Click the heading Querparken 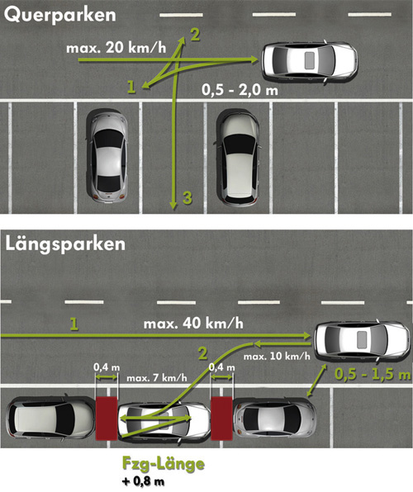[x=60, y=16]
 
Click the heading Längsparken [x=65, y=244]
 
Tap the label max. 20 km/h [x=116, y=48]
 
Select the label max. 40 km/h [x=193, y=324]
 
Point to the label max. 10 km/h [x=277, y=356]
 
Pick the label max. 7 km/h [x=157, y=377]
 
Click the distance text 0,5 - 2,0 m [x=240, y=90]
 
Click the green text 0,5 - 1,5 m [x=373, y=374]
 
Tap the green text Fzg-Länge [x=164, y=464]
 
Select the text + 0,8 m [x=143, y=481]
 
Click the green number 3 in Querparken [x=188, y=198]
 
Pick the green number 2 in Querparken [x=195, y=35]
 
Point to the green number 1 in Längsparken [x=74, y=324]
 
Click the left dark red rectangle [x=107, y=419]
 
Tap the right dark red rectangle [x=221, y=419]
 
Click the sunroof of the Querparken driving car [x=310, y=60]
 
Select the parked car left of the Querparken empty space [x=107, y=155]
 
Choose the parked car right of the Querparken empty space [x=237, y=158]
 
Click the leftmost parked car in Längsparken [x=50, y=419]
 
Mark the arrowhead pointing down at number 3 [x=173, y=206]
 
